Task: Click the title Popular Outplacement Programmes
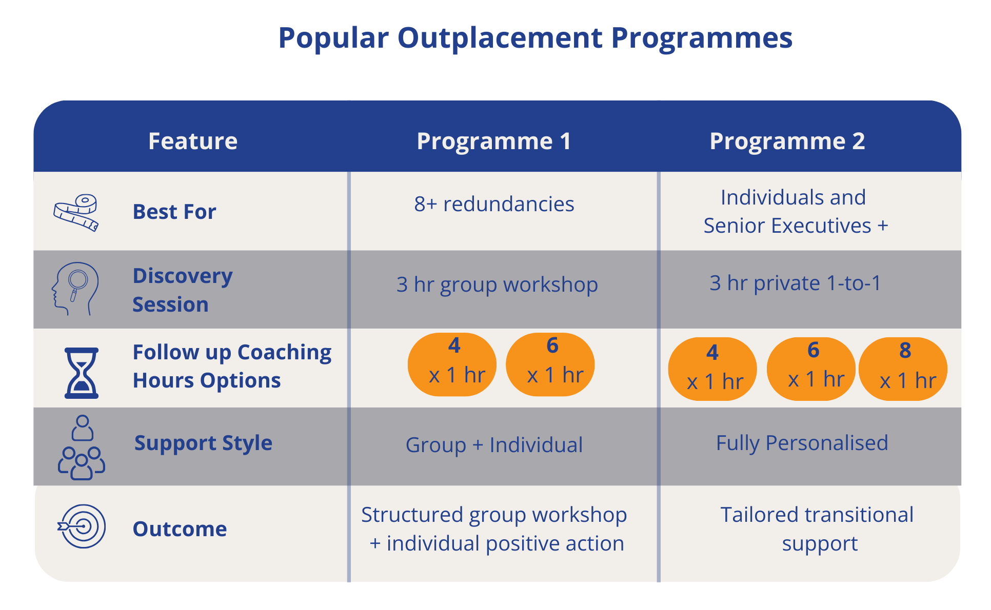[x=535, y=38]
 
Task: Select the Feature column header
[x=193, y=141]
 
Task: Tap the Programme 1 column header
[x=493, y=141]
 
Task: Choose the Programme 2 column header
[x=787, y=141]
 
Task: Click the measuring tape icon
[x=76, y=212]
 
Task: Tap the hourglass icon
[x=81, y=373]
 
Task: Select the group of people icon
[x=82, y=448]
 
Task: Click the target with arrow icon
[x=82, y=526]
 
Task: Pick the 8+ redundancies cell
[x=494, y=204]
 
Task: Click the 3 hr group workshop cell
[x=497, y=284]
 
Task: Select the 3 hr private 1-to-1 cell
[x=795, y=283]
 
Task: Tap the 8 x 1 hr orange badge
[x=903, y=369]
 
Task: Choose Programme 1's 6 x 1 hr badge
[x=550, y=364]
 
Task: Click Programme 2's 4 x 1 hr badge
[x=712, y=369]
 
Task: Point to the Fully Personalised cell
[x=802, y=443]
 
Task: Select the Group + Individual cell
[x=494, y=445]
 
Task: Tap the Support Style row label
[x=203, y=443]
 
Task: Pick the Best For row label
[x=174, y=212]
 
